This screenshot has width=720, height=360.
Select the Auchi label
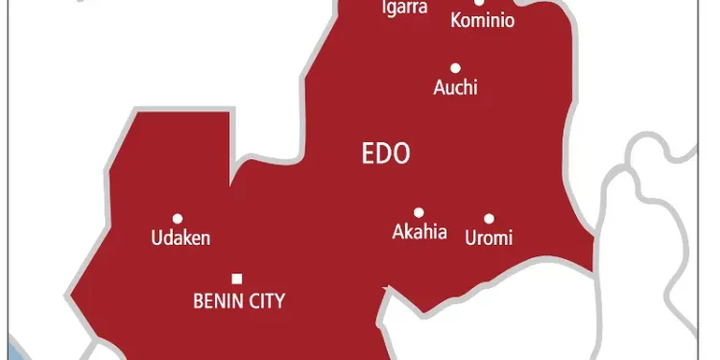tap(455, 88)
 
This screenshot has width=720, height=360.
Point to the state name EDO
tap(385, 153)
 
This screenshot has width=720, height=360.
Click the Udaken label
tap(180, 238)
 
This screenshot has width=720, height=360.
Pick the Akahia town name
tap(420, 232)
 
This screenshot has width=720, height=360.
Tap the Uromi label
tap(489, 238)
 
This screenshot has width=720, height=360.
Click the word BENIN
tap(217, 301)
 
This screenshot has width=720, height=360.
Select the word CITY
tap(265, 301)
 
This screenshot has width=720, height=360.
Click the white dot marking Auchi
tap(455, 68)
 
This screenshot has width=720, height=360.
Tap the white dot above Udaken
tap(177, 219)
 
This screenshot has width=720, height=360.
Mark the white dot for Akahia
tap(419, 212)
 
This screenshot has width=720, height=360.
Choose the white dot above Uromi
tap(489, 219)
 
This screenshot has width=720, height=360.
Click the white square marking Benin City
tap(237, 279)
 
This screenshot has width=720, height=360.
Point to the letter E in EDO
tap(367, 153)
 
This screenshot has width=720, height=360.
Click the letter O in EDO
tap(401, 153)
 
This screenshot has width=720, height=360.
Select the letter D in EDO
tap(383, 153)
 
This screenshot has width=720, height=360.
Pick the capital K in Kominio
tap(456, 20)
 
